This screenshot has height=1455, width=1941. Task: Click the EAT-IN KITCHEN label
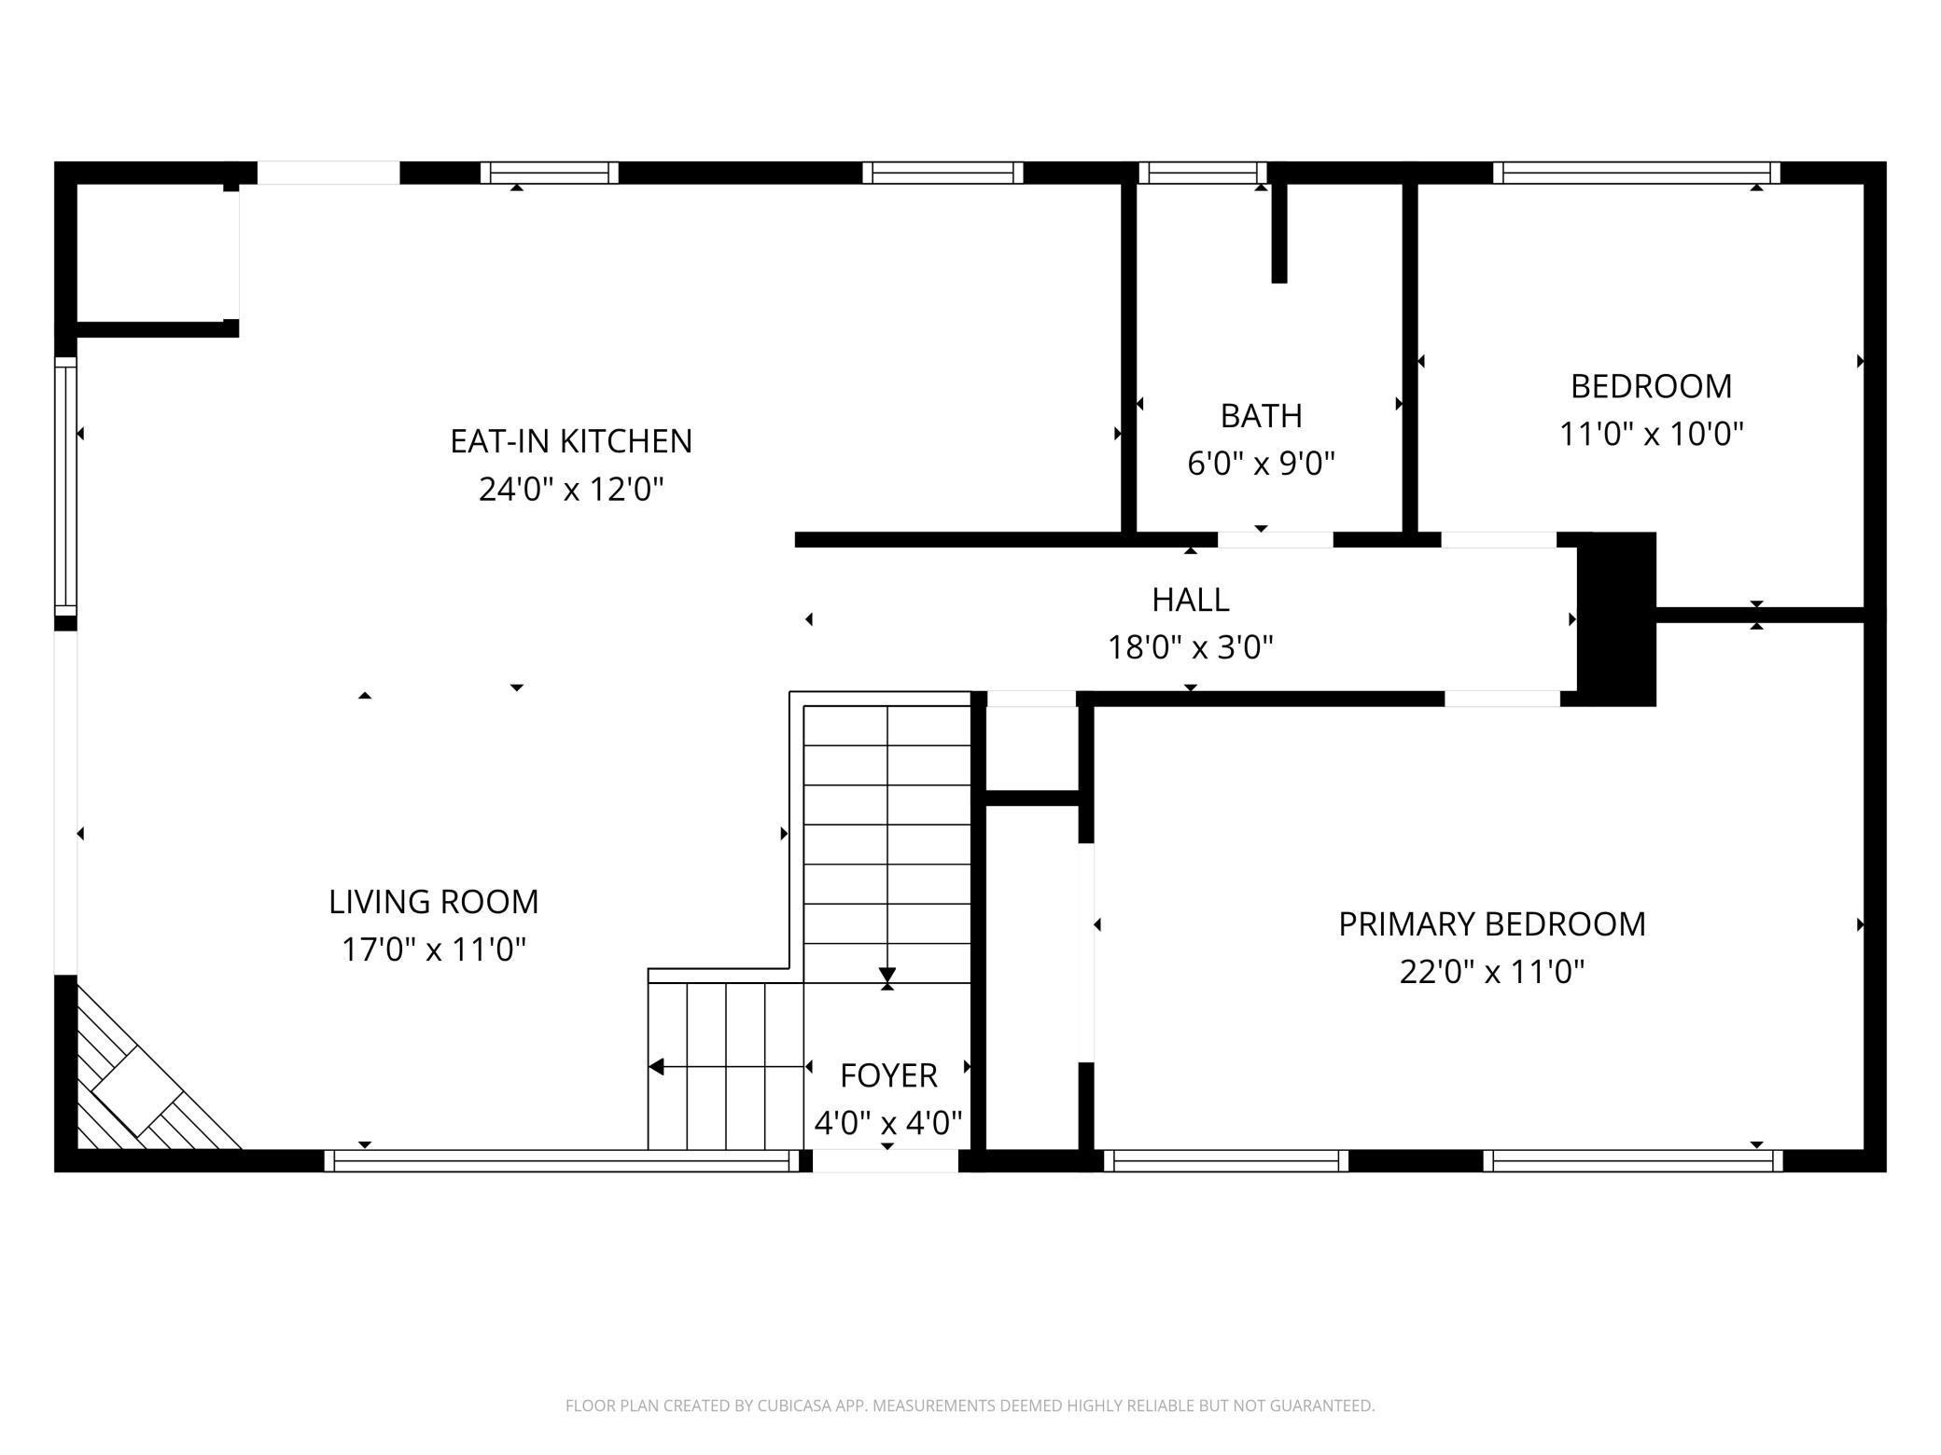click(571, 441)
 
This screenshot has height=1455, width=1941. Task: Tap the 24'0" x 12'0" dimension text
click(571, 489)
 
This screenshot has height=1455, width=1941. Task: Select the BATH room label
click(1261, 416)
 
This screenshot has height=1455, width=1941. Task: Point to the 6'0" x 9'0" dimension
click(1261, 464)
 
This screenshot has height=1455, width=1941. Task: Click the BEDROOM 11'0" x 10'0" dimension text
click(1651, 434)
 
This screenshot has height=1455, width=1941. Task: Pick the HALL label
click(1190, 600)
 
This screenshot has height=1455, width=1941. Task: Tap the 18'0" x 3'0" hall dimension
click(1190, 647)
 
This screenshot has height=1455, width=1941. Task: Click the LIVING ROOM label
click(433, 902)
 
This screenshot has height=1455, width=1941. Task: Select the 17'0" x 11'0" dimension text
click(433, 949)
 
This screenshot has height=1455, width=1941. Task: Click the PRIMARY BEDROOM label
click(1491, 924)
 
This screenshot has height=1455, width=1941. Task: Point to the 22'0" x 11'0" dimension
click(1491, 972)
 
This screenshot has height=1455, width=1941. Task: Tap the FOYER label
click(887, 1075)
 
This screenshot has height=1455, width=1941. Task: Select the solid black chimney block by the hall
click(1616, 618)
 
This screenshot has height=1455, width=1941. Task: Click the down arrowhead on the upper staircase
click(887, 976)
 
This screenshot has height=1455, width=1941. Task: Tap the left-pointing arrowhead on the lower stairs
click(657, 1066)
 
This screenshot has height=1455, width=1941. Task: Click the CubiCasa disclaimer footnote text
click(970, 1405)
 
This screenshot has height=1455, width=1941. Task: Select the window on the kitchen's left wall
click(65, 486)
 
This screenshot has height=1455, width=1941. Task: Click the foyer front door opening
click(886, 1161)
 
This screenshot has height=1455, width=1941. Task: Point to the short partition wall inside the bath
click(1279, 233)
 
